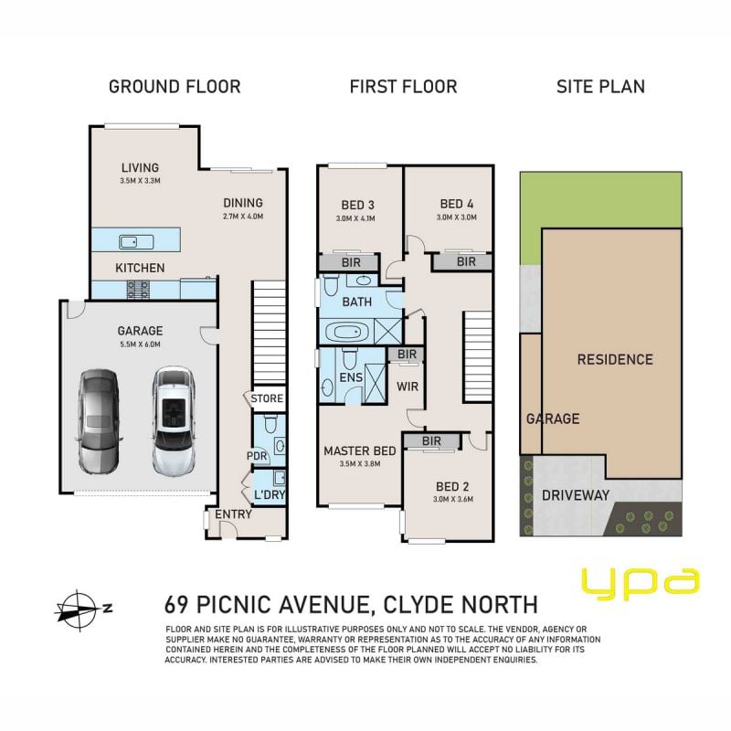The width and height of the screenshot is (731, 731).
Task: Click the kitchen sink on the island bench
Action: (136, 242)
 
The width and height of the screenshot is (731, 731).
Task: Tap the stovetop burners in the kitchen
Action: (139, 289)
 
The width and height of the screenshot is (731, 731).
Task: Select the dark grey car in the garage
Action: (98, 421)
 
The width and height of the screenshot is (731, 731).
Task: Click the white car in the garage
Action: (173, 421)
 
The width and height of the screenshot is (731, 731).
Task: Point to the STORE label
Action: (267, 398)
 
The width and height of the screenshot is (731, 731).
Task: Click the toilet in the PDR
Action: (270, 423)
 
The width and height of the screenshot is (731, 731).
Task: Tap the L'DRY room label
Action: (270, 494)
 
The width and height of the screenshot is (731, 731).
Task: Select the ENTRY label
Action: (233, 514)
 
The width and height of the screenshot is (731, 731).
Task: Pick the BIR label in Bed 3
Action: (351, 263)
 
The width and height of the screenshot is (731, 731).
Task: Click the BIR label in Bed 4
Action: (466, 262)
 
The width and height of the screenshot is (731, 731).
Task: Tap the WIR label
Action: (408, 387)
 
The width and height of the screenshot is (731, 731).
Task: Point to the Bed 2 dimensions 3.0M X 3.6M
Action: (452, 499)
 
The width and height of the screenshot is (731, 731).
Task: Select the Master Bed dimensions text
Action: (360, 464)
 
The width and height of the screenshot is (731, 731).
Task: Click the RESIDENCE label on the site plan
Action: (615, 359)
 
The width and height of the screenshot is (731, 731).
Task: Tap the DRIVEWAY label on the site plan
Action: (576, 495)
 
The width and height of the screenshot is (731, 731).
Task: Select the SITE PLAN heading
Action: (600, 87)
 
